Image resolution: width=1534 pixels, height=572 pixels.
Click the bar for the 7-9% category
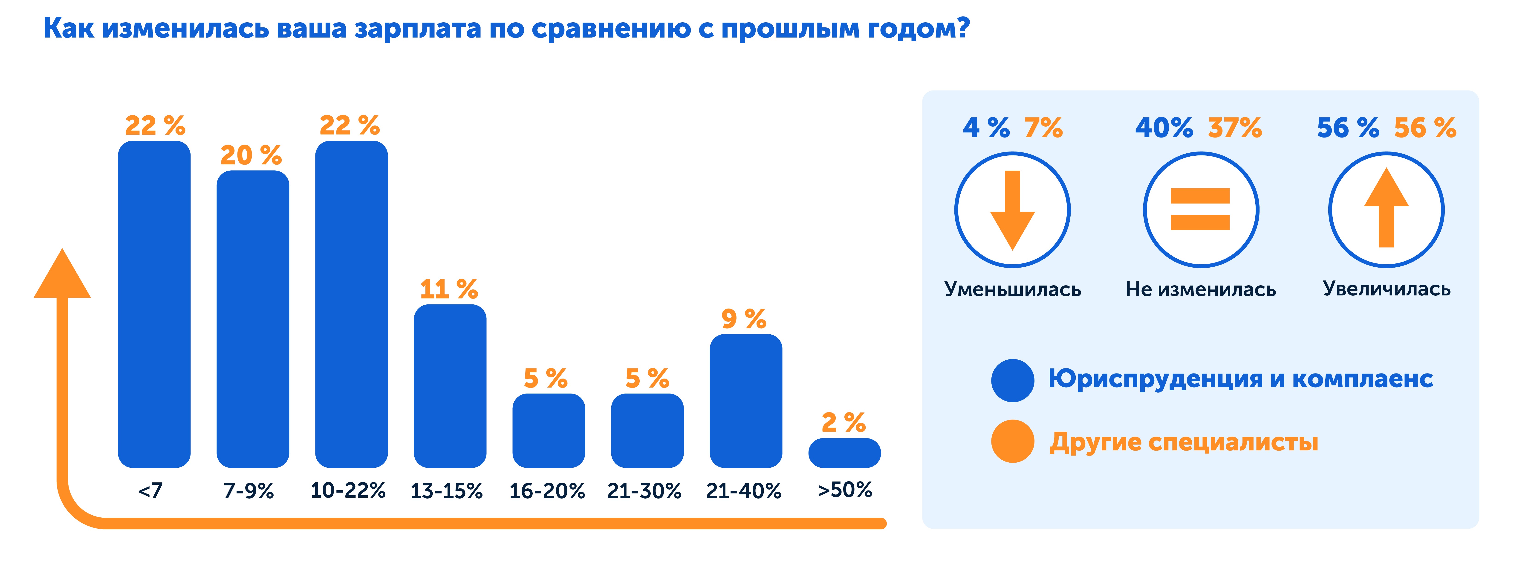coord(252,319)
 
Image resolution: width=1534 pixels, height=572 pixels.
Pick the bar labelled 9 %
coord(745,400)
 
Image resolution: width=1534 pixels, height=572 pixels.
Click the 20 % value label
coord(251,155)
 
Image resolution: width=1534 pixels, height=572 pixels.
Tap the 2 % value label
coord(843,423)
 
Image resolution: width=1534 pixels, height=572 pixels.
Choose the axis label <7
coord(150,490)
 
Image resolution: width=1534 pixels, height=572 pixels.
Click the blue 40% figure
coord(1164,128)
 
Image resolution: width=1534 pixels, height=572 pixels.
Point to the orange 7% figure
coord(1043,128)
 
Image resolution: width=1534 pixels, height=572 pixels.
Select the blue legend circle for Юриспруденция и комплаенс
coord(1012,380)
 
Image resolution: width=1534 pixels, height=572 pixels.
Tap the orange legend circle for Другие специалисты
coord(1012,441)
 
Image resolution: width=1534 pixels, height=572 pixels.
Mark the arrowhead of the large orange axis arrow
coord(62,275)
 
